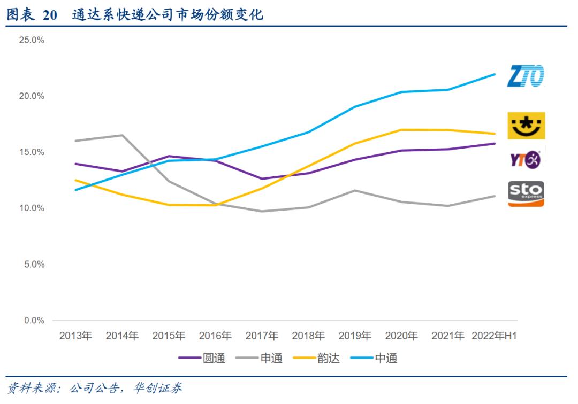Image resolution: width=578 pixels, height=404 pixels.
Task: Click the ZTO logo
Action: coord(526,76)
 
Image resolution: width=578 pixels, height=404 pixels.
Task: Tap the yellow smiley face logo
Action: coord(526,126)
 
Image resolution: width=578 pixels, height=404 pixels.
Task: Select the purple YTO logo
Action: coord(525,159)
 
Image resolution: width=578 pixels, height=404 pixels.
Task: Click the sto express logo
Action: coord(526,193)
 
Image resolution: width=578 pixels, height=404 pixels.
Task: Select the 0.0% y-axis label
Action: coord(33,321)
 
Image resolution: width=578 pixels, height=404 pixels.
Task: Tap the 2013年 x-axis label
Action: coord(75,336)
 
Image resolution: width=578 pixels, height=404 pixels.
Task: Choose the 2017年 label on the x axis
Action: coord(262,336)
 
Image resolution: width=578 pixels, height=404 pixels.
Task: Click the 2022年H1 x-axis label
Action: coord(494,336)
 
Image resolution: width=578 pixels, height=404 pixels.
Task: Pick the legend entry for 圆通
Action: coord(202,358)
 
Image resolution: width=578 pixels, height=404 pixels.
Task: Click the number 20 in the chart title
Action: coord(50,15)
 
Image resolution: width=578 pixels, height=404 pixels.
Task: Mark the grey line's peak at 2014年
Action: coord(123,135)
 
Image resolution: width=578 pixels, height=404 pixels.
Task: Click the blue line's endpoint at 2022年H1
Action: coord(495,74)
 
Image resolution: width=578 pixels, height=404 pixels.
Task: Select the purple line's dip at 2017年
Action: coord(262,178)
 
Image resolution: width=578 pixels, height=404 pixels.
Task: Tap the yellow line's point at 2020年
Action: coord(401,129)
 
